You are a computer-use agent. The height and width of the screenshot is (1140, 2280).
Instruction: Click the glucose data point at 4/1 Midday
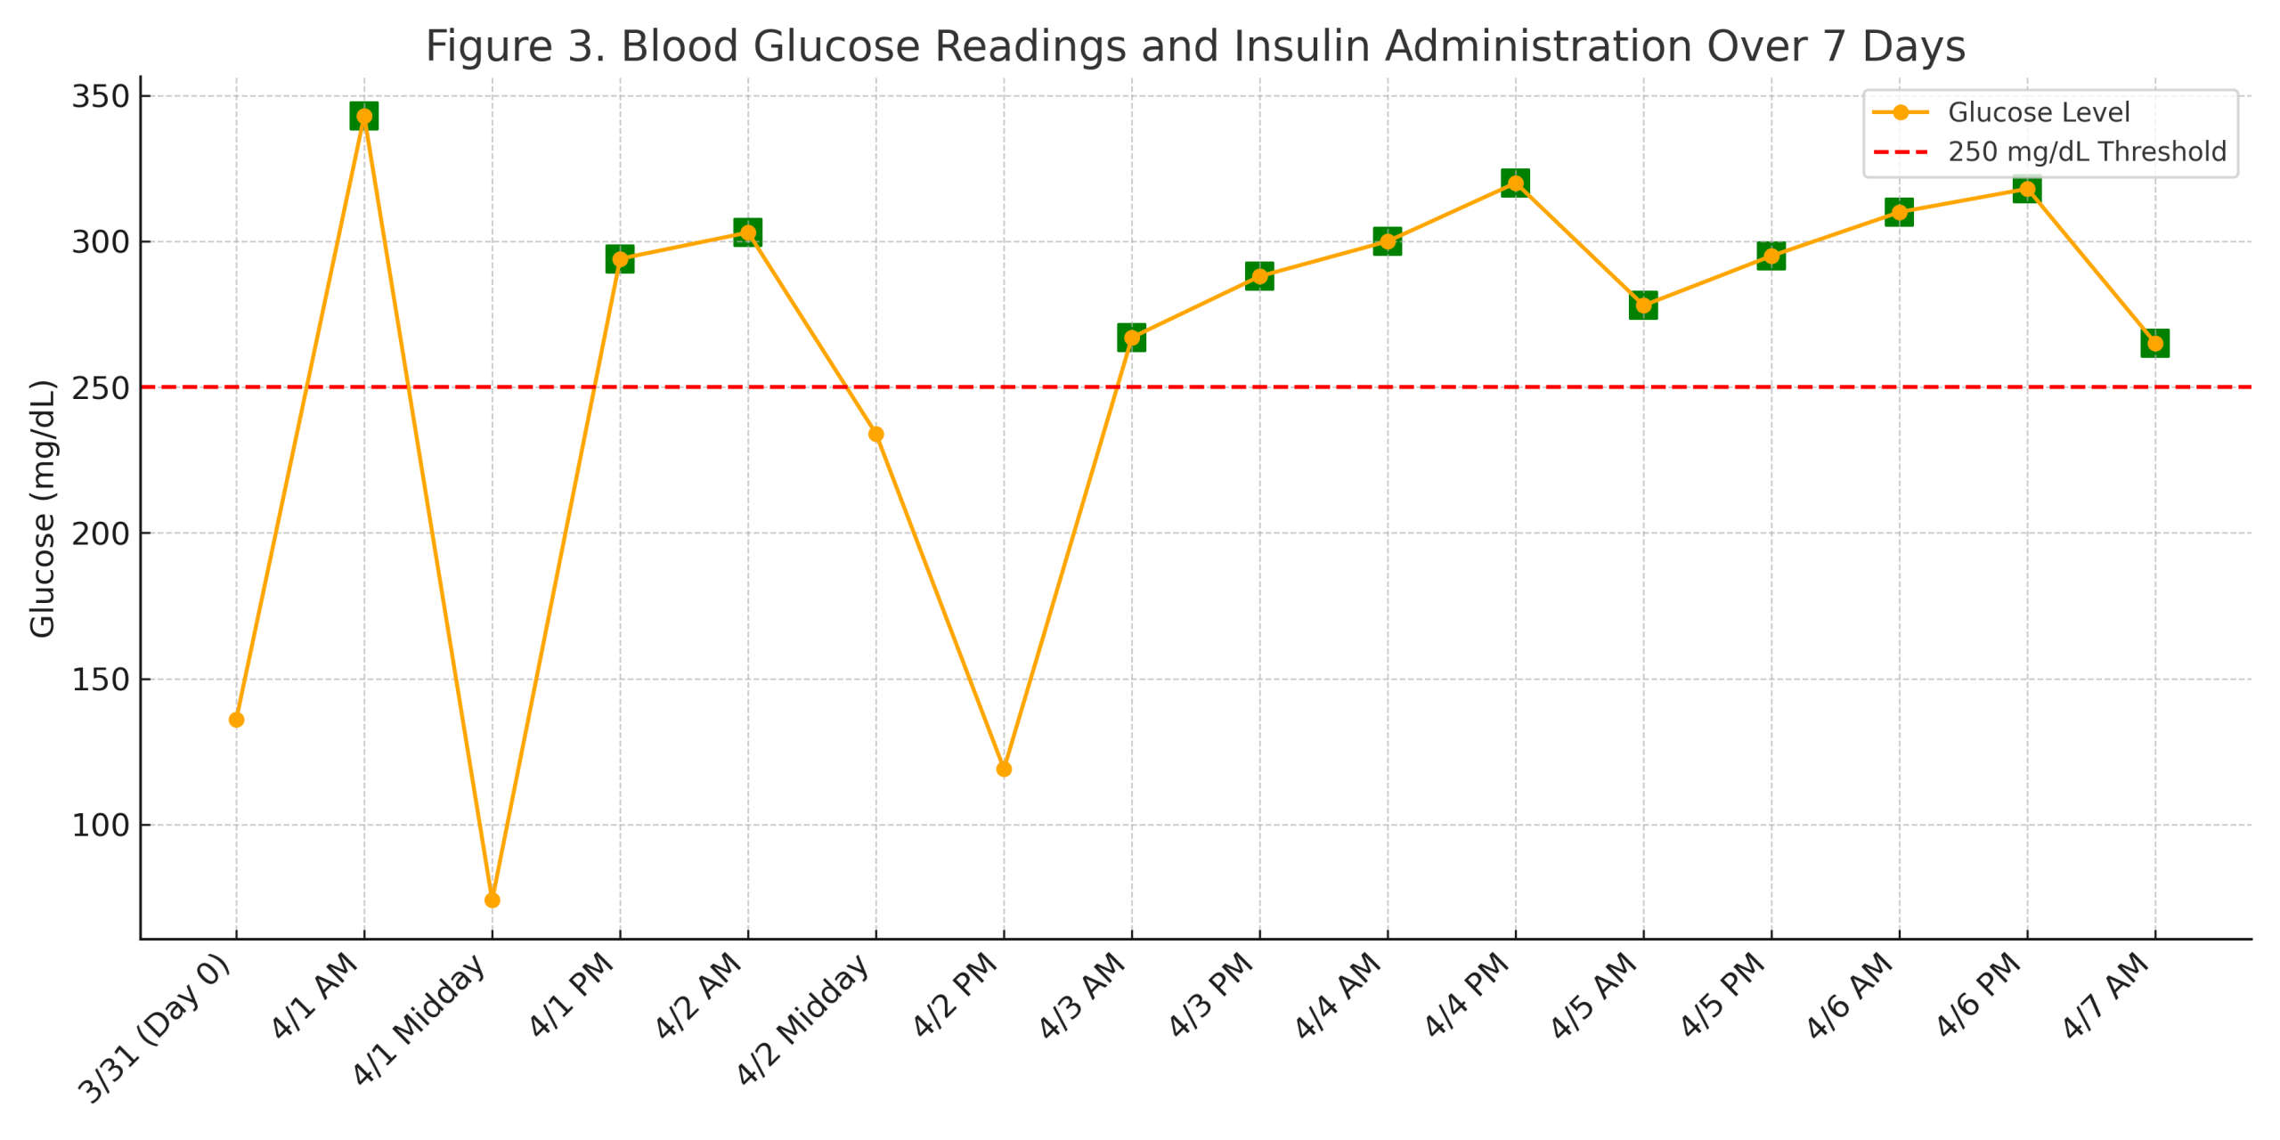click(492, 900)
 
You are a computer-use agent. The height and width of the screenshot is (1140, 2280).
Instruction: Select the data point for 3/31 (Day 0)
click(236, 720)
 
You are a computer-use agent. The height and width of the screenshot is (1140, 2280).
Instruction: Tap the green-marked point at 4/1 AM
click(364, 116)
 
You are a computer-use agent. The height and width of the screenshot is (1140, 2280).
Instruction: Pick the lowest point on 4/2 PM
click(1004, 769)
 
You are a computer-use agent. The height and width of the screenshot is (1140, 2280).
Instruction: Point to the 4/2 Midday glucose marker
click(875, 434)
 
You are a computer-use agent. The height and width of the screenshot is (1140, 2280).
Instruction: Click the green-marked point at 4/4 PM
click(1515, 183)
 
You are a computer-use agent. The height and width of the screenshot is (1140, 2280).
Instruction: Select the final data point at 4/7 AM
click(2154, 343)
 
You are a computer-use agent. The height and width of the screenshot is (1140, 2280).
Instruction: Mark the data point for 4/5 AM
click(1643, 305)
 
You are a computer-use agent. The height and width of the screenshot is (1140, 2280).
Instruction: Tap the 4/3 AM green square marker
click(1131, 338)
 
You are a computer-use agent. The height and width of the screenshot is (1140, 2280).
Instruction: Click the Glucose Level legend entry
click(2038, 112)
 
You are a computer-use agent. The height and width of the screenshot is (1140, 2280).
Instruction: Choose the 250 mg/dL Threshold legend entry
click(2086, 151)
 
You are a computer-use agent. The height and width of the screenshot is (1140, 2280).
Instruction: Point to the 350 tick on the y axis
click(101, 96)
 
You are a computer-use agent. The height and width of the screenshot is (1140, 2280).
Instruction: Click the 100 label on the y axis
click(101, 826)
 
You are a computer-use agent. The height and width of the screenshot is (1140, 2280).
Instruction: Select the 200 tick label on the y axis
click(101, 533)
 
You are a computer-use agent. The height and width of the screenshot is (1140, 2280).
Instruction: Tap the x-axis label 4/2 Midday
click(804, 1019)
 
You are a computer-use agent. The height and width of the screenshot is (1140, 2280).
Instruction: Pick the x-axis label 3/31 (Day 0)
click(157, 1028)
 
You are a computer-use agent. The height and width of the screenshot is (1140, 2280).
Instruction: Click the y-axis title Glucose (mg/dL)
click(42, 509)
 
